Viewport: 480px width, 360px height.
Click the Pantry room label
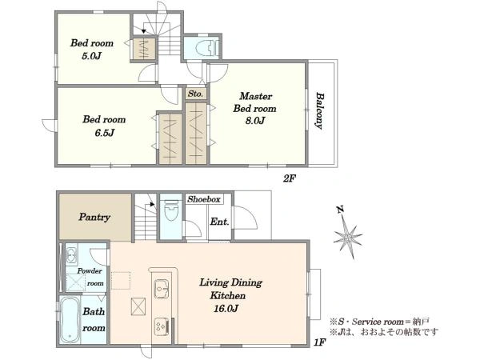pyautogui.click(x=94, y=218)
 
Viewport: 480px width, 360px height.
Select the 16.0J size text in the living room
pyautogui.click(x=226, y=308)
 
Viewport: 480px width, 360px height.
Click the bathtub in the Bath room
pyautogui.click(x=70, y=319)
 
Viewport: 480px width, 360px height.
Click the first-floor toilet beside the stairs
pyautogui.click(x=171, y=210)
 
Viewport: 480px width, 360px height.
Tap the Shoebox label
pyautogui.click(x=204, y=199)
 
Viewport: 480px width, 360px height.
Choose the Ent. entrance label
pyautogui.click(x=219, y=222)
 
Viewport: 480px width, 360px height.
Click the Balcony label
pyautogui.click(x=320, y=111)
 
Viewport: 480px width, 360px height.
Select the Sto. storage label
pyautogui.click(x=195, y=94)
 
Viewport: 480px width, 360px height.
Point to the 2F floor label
pyautogui.click(x=289, y=178)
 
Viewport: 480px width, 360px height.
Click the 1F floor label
pyautogui.click(x=319, y=342)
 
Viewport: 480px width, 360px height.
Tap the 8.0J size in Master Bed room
pyautogui.click(x=254, y=121)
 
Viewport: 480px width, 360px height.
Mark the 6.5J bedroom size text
pyautogui.click(x=104, y=133)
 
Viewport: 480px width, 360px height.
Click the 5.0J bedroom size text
pyautogui.click(x=91, y=56)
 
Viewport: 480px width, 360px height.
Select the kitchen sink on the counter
pyautogui.click(x=162, y=288)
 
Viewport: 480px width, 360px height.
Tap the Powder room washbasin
pyautogui.click(x=72, y=254)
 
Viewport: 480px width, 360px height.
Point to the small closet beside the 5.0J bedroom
pyautogui.click(x=143, y=49)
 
